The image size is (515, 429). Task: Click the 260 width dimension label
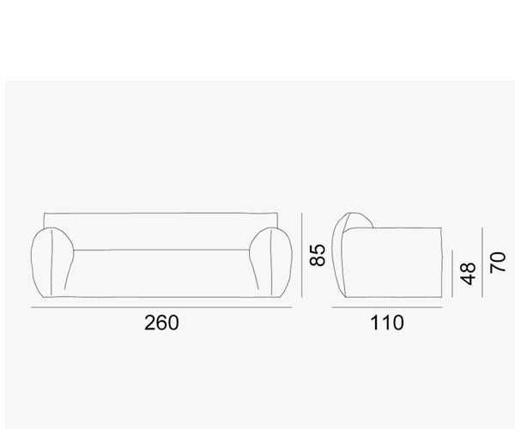pyautogui.click(x=161, y=323)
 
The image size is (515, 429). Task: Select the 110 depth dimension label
pyautogui.click(x=387, y=323)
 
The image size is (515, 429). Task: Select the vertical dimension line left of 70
pyautogui.click(x=483, y=263)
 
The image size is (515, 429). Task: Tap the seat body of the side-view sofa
pyautogui.click(x=399, y=266)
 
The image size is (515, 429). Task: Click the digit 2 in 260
pyautogui.click(x=149, y=323)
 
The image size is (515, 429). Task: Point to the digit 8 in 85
pyautogui.click(x=318, y=261)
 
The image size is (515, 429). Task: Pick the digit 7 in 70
pyautogui.click(x=497, y=269)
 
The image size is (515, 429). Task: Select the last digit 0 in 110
pyautogui.click(x=398, y=323)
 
